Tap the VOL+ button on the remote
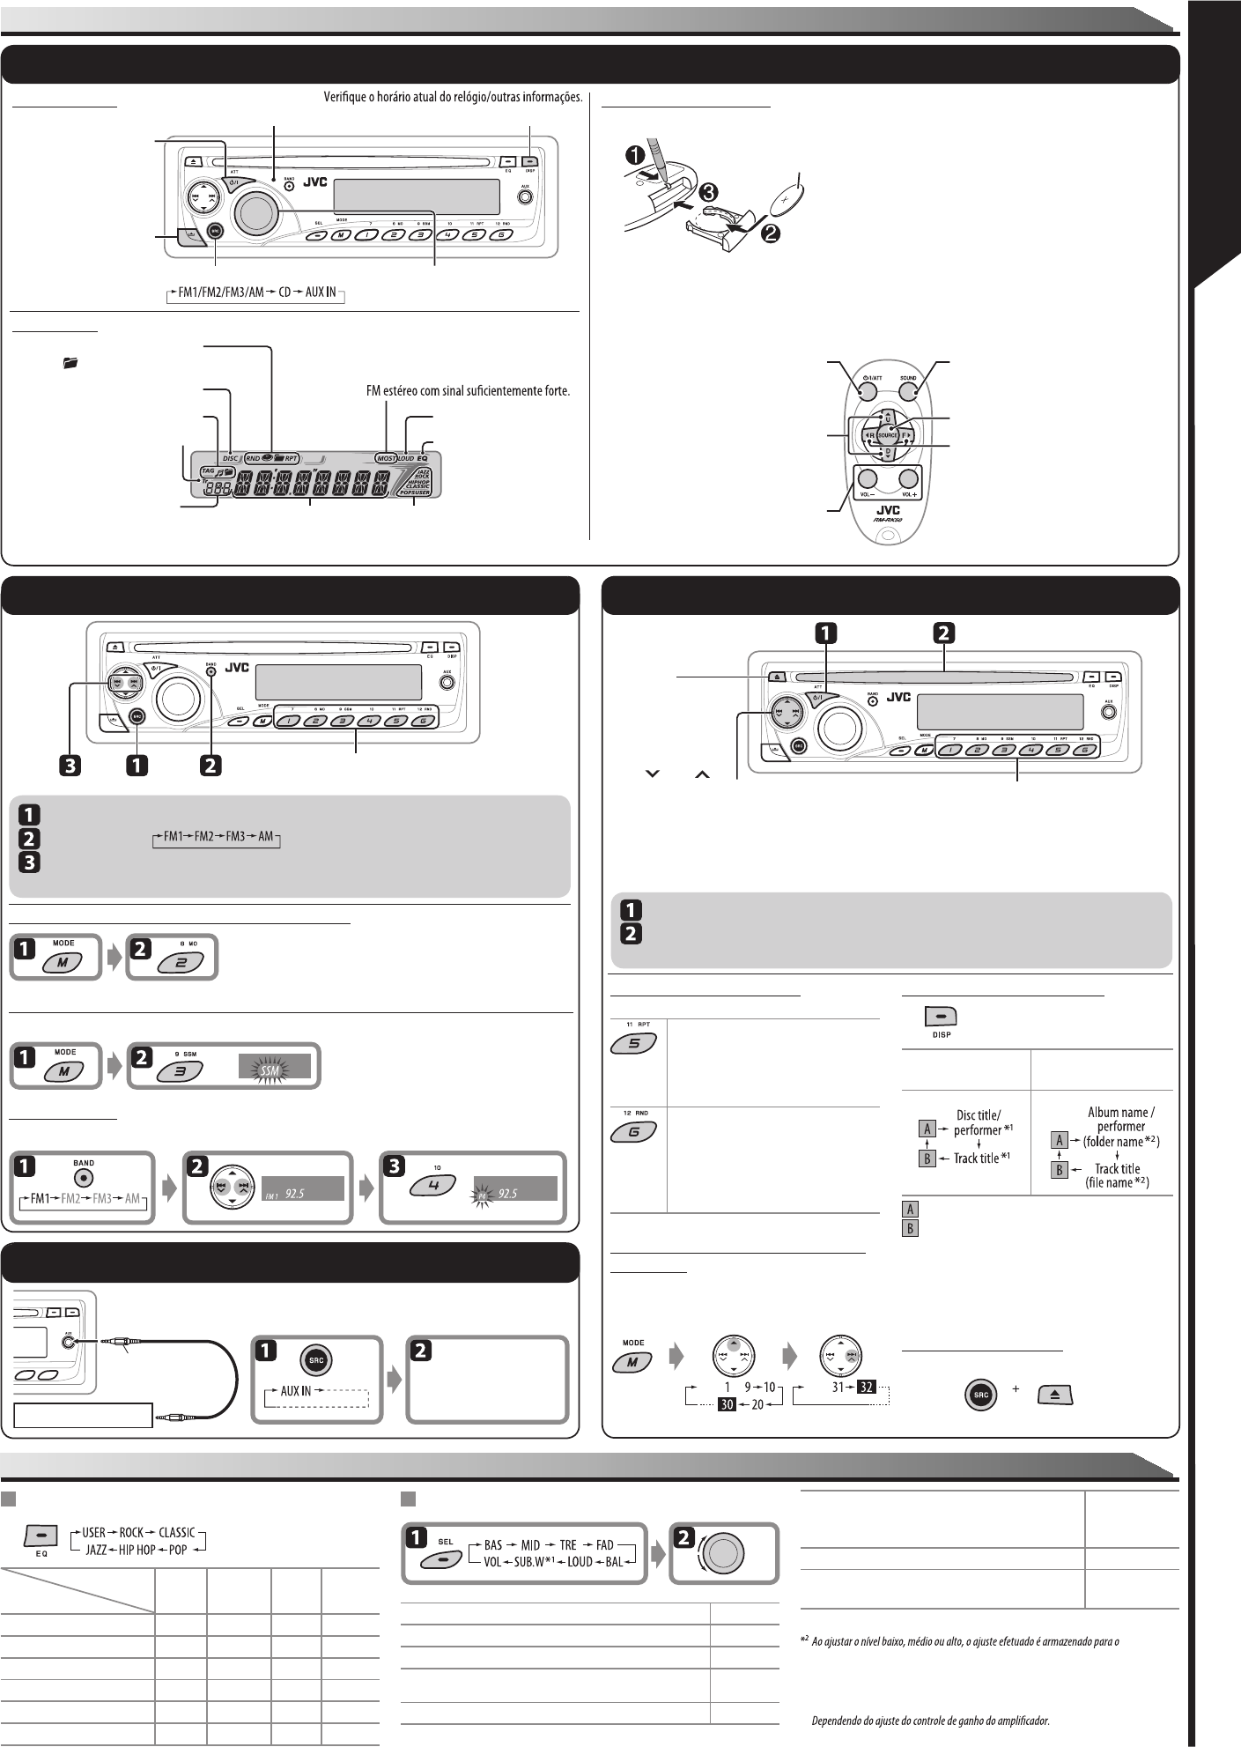[909, 480]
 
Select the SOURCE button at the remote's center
[887, 435]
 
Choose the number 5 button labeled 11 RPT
[631, 1045]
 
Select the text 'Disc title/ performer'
[978, 1121]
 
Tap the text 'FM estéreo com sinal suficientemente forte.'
[468, 389]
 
